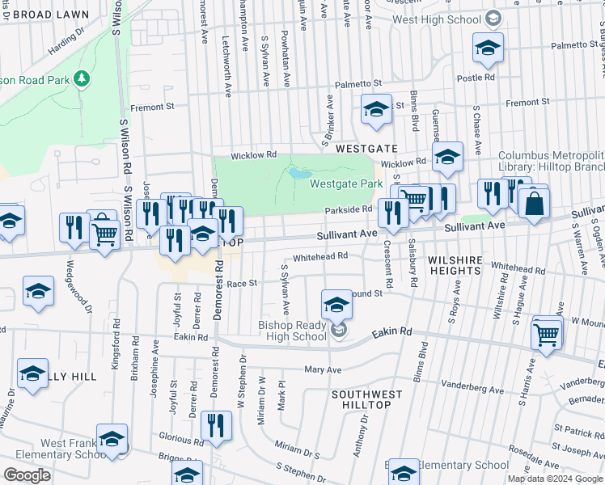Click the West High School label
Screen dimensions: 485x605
[438, 19]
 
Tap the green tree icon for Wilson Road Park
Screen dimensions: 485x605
[80, 78]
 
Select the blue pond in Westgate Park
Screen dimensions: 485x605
[298, 173]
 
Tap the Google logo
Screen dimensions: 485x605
[27, 475]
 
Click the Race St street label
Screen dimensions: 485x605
[241, 283]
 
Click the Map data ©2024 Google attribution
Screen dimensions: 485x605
[555, 478]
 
